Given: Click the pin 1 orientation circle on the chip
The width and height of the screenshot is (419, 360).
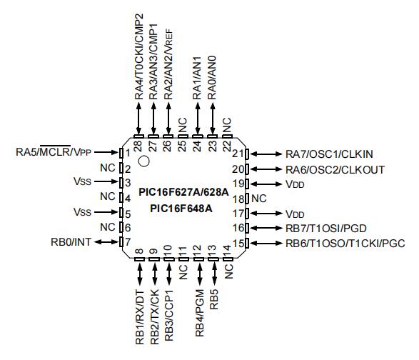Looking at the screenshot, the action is pyautogui.click(x=143, y=161).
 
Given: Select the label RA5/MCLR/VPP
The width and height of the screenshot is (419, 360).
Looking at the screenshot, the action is pyautogui.click(x=54, y=151).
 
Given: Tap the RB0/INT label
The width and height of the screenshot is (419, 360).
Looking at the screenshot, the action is pyautogui.click(x=71, y=242).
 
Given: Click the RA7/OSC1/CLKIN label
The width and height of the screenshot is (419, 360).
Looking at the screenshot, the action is pyautogui.click(x=329, y=154).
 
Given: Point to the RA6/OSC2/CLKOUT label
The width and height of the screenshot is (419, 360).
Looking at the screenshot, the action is pyautogui.click(x=335, y=169).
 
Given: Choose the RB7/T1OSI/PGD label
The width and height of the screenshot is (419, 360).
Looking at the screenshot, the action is pyautogui.click(x=326, y=228).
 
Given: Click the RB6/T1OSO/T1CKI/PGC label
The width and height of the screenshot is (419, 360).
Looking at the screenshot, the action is pyautogui.click(x=345, y=244).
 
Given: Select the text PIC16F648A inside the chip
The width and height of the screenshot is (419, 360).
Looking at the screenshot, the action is pyautogui.click(x=181, y=209).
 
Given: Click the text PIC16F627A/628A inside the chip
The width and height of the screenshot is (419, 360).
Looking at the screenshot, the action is pyautogui.click(x=184, y=192).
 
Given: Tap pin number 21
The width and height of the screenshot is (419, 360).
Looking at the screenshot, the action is pyautogui.click(x=238, y=154).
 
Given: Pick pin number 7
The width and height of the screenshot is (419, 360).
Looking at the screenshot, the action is pyautogui.click(x=128, y=242).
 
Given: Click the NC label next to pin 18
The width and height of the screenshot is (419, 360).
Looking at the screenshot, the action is pyautogui.click(x=259, y=199).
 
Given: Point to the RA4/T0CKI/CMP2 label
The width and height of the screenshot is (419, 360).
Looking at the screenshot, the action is pyautogui.click(x=139, y=56).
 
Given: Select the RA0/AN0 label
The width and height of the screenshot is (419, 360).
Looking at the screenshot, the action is pyautogui.click(x=212, y=78).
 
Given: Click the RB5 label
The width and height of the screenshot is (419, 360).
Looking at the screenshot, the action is pyautogui.click(x=214, y=299).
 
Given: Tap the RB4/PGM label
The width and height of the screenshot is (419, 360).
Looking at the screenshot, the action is pyautogui.click(x=200, y=313).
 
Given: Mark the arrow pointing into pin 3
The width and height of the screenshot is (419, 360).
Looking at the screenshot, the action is pyautogui.click(x=106, y=181).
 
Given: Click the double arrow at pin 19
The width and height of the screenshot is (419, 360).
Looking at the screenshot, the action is pyautogui.click(x=266, y=184).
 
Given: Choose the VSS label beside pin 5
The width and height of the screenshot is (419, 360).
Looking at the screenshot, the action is pyautogui.click(x=82, y=212).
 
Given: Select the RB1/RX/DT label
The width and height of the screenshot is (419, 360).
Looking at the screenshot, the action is pyautogui.click(x=139, y=317).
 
